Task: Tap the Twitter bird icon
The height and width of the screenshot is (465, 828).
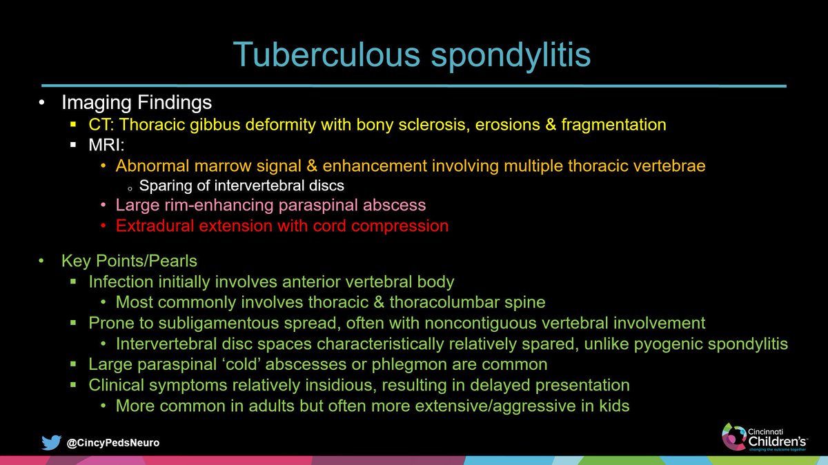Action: tap(50, 442)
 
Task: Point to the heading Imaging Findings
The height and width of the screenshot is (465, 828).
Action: tap(137, 103)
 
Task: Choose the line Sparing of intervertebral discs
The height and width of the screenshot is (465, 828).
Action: tap(241, 185)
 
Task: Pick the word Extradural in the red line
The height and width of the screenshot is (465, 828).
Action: tap(151, 226)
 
